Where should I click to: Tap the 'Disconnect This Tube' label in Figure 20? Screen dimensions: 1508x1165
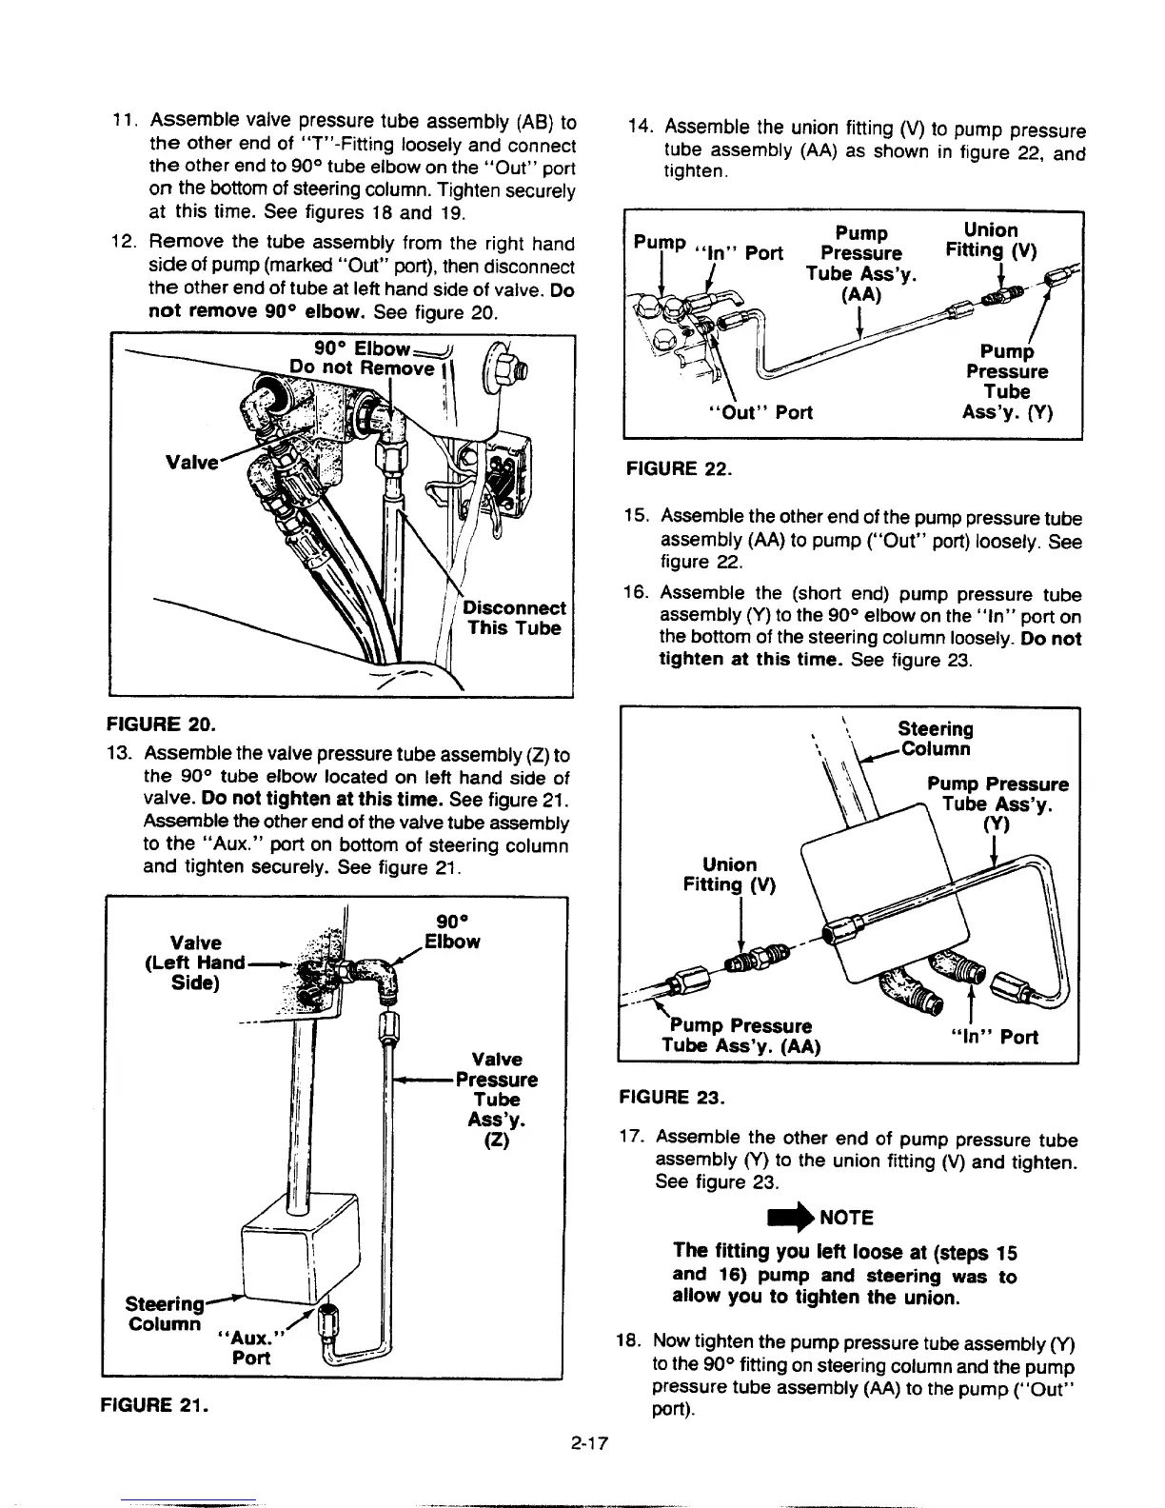[x=517, y=618]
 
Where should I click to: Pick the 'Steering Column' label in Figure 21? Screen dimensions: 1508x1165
[x=165, y=1313]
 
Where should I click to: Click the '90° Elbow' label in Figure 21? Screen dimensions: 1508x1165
[x=451, y=932]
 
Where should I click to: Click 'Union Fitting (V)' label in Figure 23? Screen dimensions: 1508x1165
[x=730, y=875]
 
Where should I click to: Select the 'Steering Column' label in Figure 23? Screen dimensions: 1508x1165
[x=936, y=738]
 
